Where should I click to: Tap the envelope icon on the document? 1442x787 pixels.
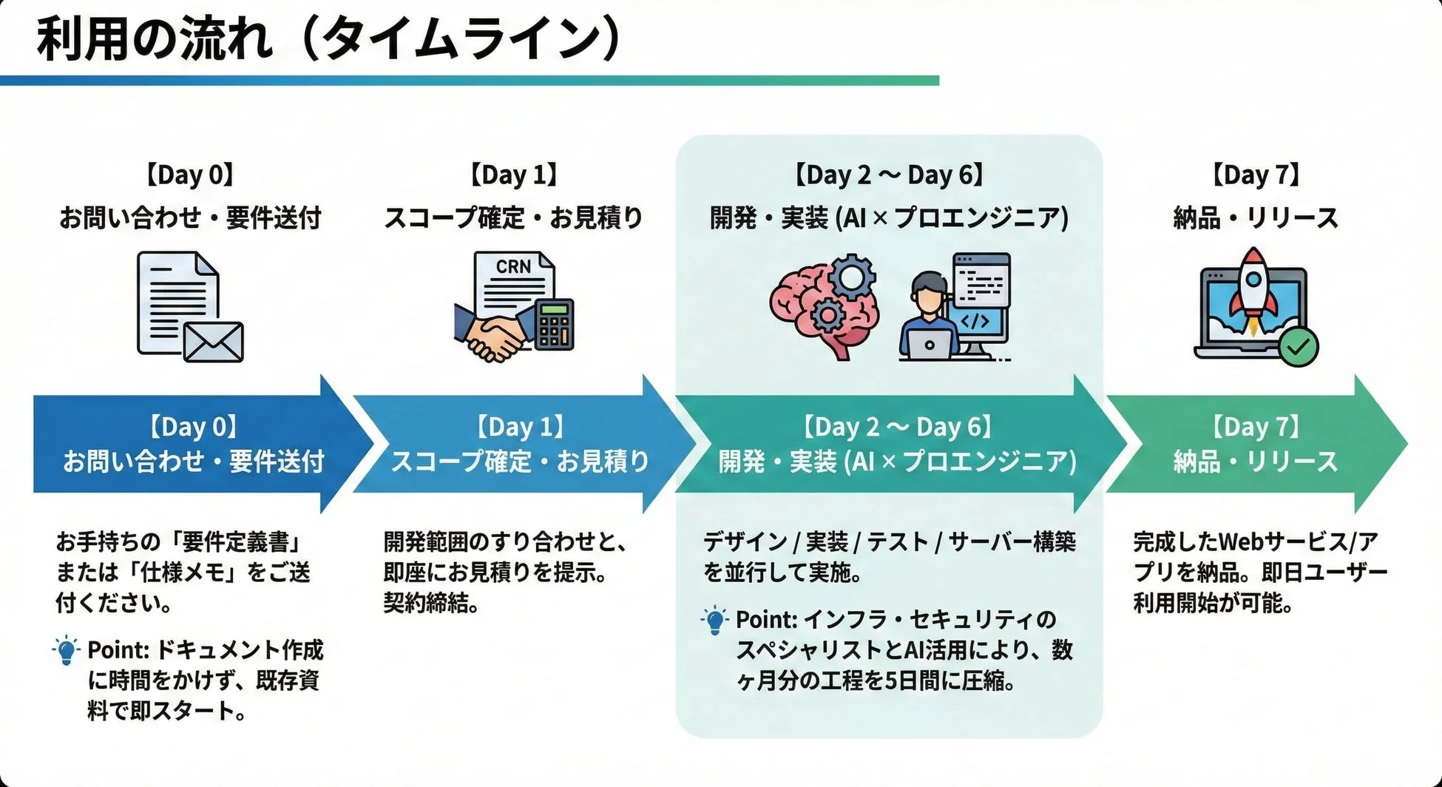[213, 341]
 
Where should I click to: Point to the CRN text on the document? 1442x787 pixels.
[512, 267]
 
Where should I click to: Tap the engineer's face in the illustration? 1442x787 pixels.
[929, 295]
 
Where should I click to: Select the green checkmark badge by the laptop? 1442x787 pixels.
[1299, 345]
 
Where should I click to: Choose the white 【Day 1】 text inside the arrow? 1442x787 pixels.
[518, 427]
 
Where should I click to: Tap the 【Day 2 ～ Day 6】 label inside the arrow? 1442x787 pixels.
[897, 427]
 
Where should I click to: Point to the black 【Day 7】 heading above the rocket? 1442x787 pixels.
[1256, 175]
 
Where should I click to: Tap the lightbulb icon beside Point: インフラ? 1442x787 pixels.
[714, 620]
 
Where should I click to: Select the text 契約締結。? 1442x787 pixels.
[431, 604]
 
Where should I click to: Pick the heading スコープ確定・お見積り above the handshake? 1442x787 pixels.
[513, 217]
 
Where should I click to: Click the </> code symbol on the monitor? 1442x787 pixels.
[974, 320]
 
